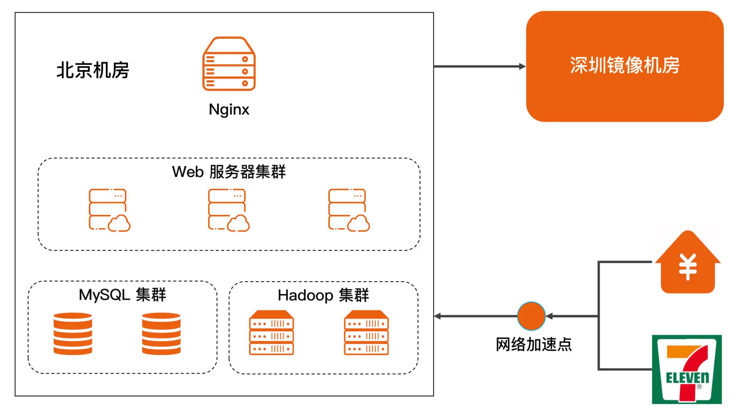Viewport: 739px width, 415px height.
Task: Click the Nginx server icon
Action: click(229, 64)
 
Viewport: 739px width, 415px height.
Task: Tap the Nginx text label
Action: click(229, 110)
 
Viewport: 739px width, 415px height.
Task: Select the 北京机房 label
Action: click(93, 70)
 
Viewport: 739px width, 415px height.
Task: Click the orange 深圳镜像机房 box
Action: click(625, 66)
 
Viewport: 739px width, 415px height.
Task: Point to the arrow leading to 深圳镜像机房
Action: click(479, 66)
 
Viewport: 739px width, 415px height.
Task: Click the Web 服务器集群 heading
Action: click(229, 172)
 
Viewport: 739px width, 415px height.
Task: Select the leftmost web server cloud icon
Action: click(110, 210)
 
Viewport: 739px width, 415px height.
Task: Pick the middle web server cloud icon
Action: click(229, 210)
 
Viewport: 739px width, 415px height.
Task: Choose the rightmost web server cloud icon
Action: click(349, 210)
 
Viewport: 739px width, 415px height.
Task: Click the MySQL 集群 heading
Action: click(122, 295)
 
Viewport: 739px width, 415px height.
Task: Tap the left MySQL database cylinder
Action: click(73, 333)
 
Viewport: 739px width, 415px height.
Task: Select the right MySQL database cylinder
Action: click(161, 333)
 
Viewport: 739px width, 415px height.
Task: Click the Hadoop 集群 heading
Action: click(323, 295)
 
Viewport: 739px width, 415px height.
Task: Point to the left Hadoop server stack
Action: click(271, 332)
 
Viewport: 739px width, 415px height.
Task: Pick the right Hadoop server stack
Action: click(366, 332)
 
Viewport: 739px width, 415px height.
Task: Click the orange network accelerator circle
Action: click(531, 316)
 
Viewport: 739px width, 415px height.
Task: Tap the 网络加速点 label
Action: click(533, 344)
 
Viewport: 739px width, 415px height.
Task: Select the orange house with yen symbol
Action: click(688, 263)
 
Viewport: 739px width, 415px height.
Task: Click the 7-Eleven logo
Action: click(687, 370)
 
